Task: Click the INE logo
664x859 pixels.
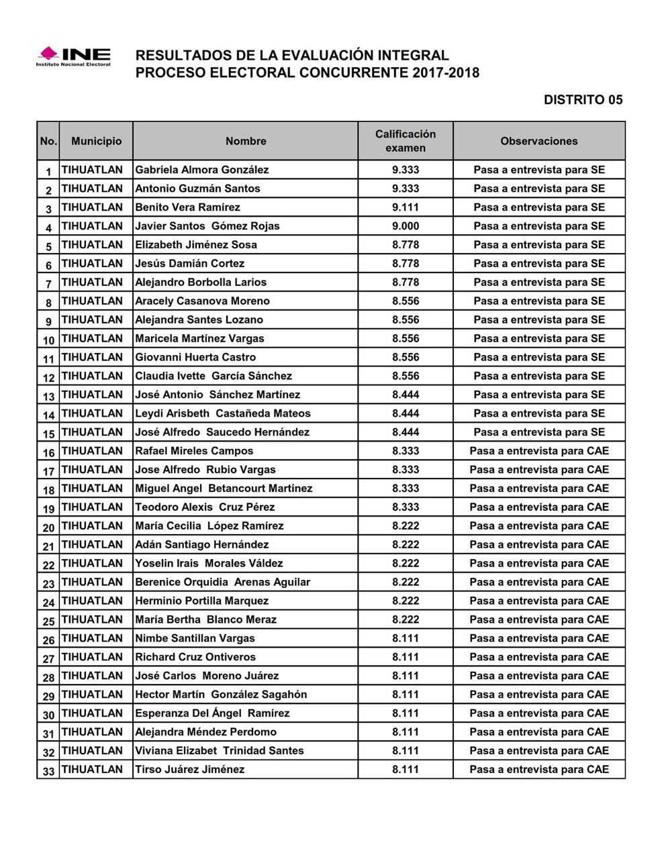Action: point(73,56)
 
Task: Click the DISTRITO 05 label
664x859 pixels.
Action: point(583,100)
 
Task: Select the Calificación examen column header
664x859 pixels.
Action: point(405,141)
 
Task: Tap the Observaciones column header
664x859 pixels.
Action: point(538,141)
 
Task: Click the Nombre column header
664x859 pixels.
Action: point(246,141)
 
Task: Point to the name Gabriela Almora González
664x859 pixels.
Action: point(201,170)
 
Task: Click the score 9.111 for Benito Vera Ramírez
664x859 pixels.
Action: point(405,207)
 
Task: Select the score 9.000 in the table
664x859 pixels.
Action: point(405,226)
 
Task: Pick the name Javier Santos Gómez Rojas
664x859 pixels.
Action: point(207,226)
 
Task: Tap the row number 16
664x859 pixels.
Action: point(48,452)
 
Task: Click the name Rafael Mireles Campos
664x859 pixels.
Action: point(194,451)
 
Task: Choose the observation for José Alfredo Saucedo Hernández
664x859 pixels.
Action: point(538,432)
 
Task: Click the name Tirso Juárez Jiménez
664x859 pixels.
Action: point(189,770)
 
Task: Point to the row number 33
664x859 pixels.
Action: point(48,772)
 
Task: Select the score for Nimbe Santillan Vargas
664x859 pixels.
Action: point(405,638)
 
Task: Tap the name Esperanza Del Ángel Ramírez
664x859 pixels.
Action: point(212,713)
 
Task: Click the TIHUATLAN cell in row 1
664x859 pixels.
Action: point(92,170)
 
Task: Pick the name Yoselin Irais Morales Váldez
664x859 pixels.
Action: point(209,563)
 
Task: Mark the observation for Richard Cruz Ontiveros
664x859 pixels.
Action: point(538,657)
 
